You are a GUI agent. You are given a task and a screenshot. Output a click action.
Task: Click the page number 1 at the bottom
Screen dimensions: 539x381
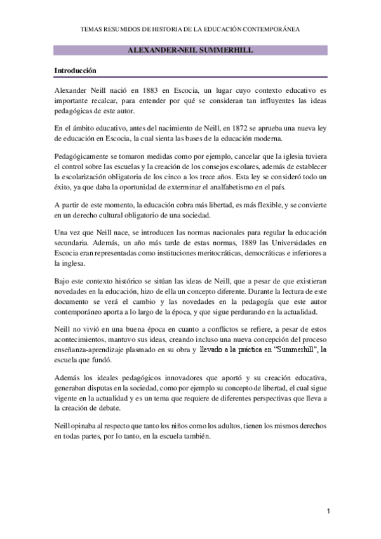(x=329, y=511)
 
